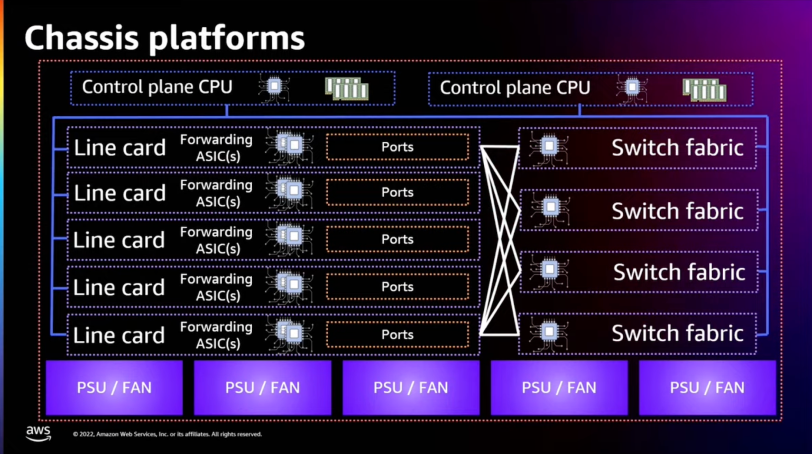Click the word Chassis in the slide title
(81, 38)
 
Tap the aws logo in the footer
(39, 433)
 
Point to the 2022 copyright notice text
(167, 434)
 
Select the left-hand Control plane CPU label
(157, 87)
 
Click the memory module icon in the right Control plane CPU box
(704, 89)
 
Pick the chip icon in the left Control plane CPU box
(274, 87)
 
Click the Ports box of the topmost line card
(398, 147)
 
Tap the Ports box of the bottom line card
(398, 335)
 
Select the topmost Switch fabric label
(677, 148)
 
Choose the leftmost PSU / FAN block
(114, 388)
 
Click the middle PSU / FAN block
(411, 388)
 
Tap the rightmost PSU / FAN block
(707, 388)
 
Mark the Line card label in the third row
(119, 240)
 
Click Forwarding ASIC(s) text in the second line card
(217, 193)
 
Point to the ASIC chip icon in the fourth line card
(291, 286)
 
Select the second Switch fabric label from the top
(677, 211)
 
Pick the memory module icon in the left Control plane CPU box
(347, 88)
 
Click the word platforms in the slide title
(227, 38)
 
